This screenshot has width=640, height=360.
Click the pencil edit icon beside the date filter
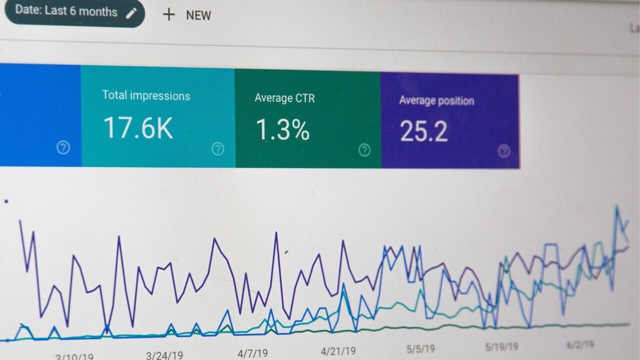tap(131, 13)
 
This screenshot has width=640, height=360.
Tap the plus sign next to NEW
tap(169, 15)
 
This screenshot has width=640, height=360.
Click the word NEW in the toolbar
tap(198, 15)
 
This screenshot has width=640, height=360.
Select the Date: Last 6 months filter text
tap(66, 11)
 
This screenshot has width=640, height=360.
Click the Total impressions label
tap(146, 95)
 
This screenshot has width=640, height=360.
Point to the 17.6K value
tap(138, 128)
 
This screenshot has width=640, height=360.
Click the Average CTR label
tap(284, 98)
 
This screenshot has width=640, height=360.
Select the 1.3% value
tap(282, 130)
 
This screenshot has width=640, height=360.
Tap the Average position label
tap(436, 100)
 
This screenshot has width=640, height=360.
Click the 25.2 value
tap(423, 131)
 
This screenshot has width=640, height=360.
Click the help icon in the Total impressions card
tap(217, 148)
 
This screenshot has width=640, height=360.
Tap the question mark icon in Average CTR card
tap(364, 149)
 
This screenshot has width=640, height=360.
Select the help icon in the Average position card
tap(504, 150)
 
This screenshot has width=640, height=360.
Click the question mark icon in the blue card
tap(63, 147)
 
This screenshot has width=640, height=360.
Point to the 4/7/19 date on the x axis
tap(252, 353)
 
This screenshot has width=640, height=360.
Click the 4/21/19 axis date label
tap(338, 351)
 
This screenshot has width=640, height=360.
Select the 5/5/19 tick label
tap(420, 348)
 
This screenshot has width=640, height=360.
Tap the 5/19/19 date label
tap(501, 346)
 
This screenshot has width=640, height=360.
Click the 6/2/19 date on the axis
tap(580, 345)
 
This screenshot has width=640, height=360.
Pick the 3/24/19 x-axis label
tap(164, 355)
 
